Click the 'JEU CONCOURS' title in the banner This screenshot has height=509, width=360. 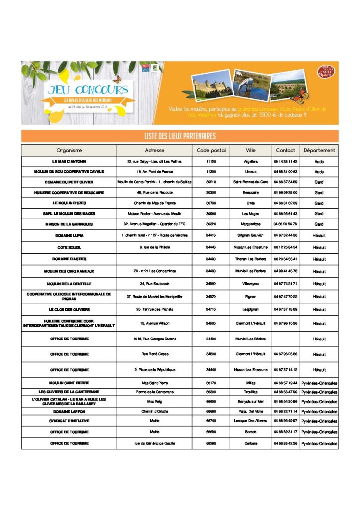pyautogui.click(x=88, y=90)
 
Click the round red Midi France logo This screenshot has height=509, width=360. pyautogui.click(x=326, y=72)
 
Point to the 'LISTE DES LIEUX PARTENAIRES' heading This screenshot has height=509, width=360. pyautogui.click(x=180, y=136)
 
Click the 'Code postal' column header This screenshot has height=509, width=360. pyautogui.click(x=211, y=150)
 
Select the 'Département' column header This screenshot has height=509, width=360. pyautogui.click(x=319, y=150)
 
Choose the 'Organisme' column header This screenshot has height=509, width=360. pyautogui.click(x=69, y=150)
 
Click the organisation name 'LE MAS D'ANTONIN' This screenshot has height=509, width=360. pyautogui.click(x=69, y=162)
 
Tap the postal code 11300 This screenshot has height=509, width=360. pyautogui.click(x=211, y=172)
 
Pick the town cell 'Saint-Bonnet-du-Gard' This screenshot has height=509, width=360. pyautogui.click(x=251, y=182)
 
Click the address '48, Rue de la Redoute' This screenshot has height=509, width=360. pyautogui.click(x=154, y=193)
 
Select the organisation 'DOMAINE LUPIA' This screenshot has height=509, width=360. pyautogui.click(x=69, y=235)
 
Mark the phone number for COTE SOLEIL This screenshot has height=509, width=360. pyautogui.click(x=285, y=247)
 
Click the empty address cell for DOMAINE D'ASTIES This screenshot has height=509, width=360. pyautogui.click(x=154, y=259)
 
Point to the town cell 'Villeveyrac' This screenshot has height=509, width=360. pyautogui.click(x=251, y=284)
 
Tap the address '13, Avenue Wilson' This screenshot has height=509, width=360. pyautogui.click(x=154, y=323)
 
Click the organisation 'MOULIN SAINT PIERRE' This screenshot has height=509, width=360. pyautogui.click(x=69, y=383)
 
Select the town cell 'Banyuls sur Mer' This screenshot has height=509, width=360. pyautogui.click(x=251, y=402)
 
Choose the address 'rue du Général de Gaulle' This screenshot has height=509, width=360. pyautogui.click(x=154, y=443)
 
